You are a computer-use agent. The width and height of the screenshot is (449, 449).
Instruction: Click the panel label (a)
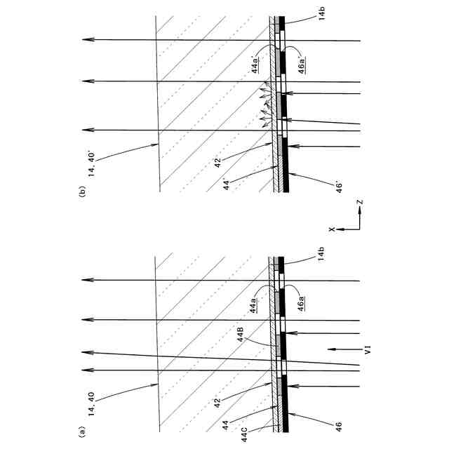(83, 431)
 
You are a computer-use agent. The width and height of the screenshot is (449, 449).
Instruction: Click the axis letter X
(333, 227)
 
